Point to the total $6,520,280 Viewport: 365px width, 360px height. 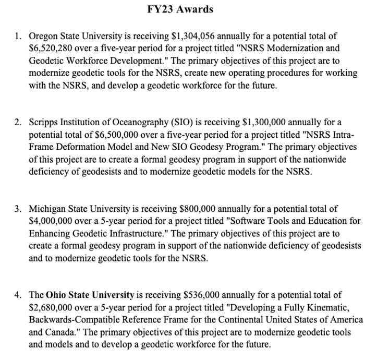[51, 49]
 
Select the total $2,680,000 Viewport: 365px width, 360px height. [51, 307]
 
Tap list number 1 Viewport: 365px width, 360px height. [17, 36]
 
